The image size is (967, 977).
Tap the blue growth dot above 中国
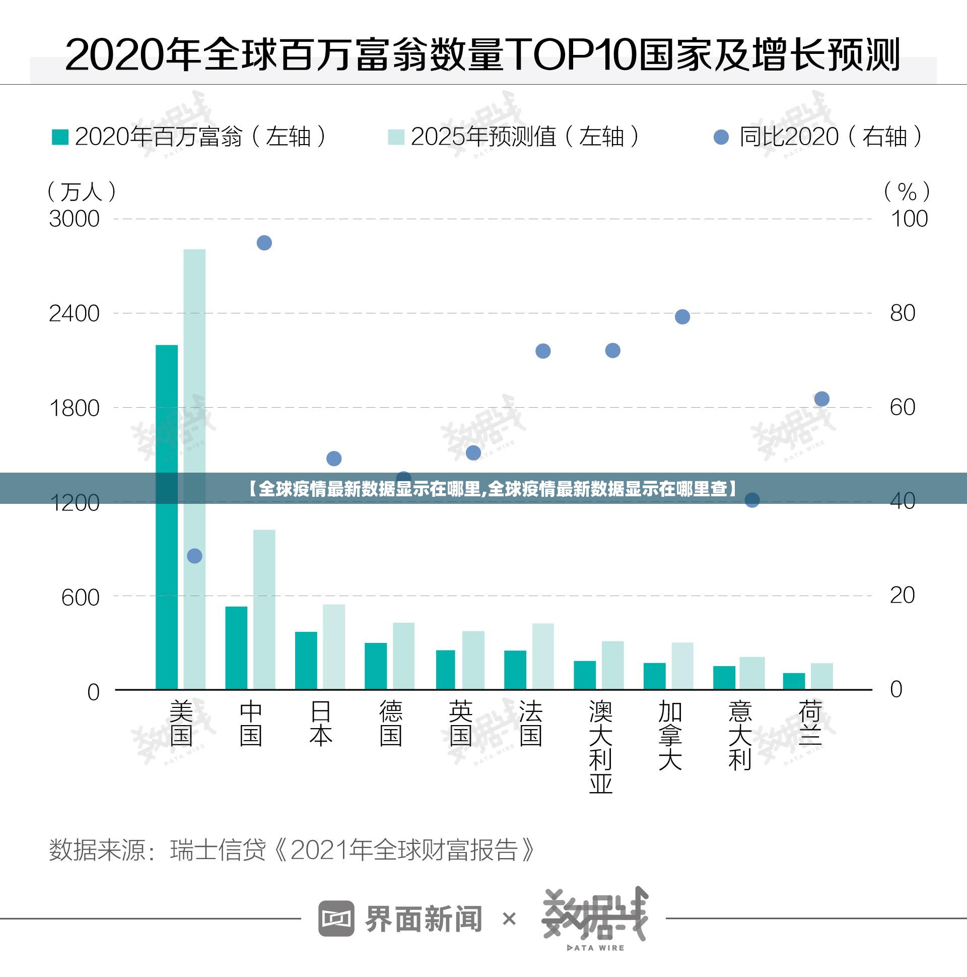tap(264, 243)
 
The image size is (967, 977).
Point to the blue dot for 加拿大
tap(682, 316)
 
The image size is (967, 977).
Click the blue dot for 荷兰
tap(821, 399)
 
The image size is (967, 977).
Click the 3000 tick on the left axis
tap(74, 219)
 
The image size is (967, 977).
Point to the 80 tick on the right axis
tap(903, 313)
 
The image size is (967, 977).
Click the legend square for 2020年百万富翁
tap(60, 137)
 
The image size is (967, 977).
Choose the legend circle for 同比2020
tap(721, 137)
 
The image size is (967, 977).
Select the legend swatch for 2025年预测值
tap(396, 137)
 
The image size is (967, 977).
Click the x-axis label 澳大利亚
tap(600, 746)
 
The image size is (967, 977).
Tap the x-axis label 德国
tap(391, 724)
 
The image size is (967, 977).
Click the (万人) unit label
tap(82, 191)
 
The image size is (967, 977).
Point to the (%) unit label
tap(907, 191)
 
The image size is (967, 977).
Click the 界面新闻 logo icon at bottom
tap(335, 919)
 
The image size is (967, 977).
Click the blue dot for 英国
tap(473, 452)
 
